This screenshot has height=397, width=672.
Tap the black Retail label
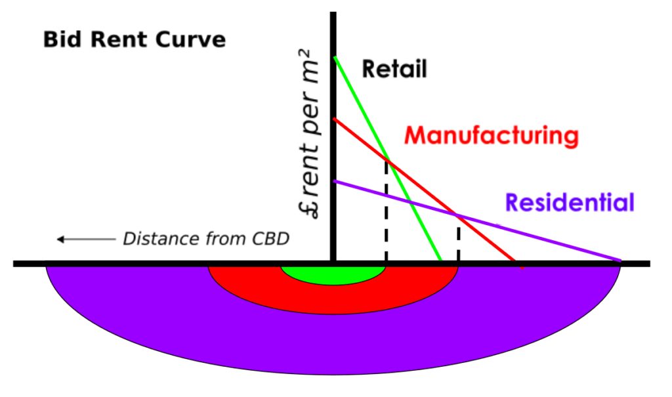394,69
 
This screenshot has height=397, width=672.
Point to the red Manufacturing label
492,135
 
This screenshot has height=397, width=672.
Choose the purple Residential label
570,202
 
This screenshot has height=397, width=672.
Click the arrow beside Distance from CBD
86,240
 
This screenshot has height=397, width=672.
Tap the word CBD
270,238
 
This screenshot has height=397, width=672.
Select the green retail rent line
387,159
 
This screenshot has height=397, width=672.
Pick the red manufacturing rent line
425,190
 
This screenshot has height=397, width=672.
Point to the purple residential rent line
477,220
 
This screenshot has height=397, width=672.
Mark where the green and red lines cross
387,160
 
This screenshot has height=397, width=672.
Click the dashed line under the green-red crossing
386,211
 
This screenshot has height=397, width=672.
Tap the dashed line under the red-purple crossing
459,238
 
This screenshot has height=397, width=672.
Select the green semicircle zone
333,274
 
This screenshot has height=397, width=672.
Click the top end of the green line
334,57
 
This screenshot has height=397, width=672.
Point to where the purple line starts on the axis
334,181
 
